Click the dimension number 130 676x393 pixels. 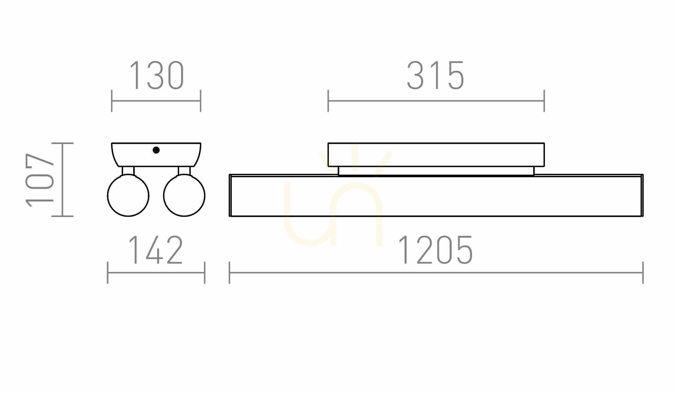coord(157,76)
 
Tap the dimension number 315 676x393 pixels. coord(435,76)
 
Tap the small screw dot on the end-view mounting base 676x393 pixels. coord(156,150)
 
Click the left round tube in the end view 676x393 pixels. coord(128,196)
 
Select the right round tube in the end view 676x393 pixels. coord(184,196)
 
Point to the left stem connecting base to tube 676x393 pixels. coord(128,171)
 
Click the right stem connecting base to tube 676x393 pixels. coord(184,171)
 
